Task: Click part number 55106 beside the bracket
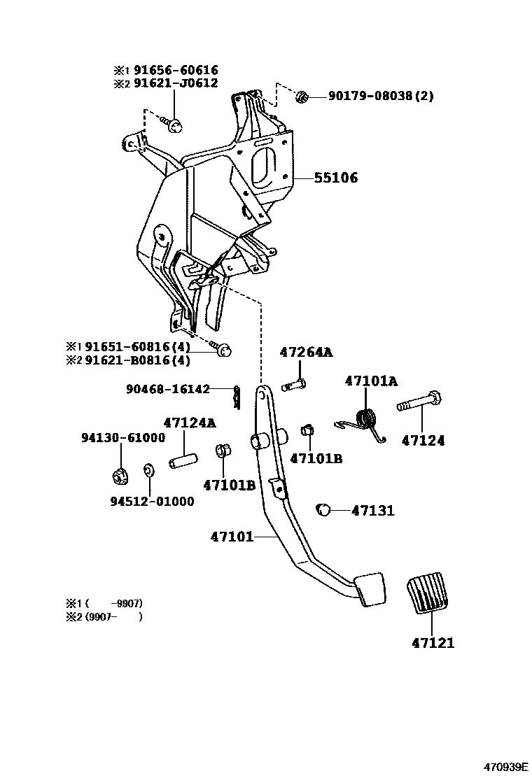pyautogui.click(x=335, y=178)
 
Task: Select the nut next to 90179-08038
pyautogui.click(x=302, y=97)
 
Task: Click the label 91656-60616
pyautogui.click(x=176, y=71)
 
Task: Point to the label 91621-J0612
pyautogui.click(x=176, y=83)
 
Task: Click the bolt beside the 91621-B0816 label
pyautogui.click(x=223, y=349)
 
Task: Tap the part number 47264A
pyautogui.click(x=306, y=353)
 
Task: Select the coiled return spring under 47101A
pyautogui.click(x=365, y=420)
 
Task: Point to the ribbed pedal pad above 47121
pyautogui.click(x=428, y=594)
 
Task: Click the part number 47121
pyautogui.click(x=428, y=643)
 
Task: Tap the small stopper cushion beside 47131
pyautogui.click(x=323, y=510)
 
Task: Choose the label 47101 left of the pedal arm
pyautogui.click(x=232, y=537)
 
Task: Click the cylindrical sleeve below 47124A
pyautogui.click(x=182, y=462)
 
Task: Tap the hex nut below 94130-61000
pyautogui.click(x=119, y=477)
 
